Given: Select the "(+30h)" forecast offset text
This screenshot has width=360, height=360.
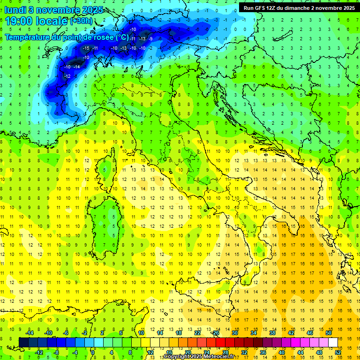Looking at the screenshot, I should click(81, 21).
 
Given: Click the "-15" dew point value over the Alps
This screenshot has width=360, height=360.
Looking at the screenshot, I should click(86, 48).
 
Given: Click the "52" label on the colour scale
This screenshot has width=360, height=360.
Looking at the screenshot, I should click(337, 352).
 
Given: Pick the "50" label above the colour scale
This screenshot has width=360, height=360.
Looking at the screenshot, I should click(328, 333).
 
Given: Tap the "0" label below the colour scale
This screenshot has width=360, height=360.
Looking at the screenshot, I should click(93, 352).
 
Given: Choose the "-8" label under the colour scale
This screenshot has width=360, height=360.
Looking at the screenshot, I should click(57, 352).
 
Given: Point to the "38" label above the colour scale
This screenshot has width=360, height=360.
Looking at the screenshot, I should click(272, 333).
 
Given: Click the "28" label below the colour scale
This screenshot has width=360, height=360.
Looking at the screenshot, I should click(225, 352).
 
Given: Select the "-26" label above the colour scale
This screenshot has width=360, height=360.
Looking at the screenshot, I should click(215, 333).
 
